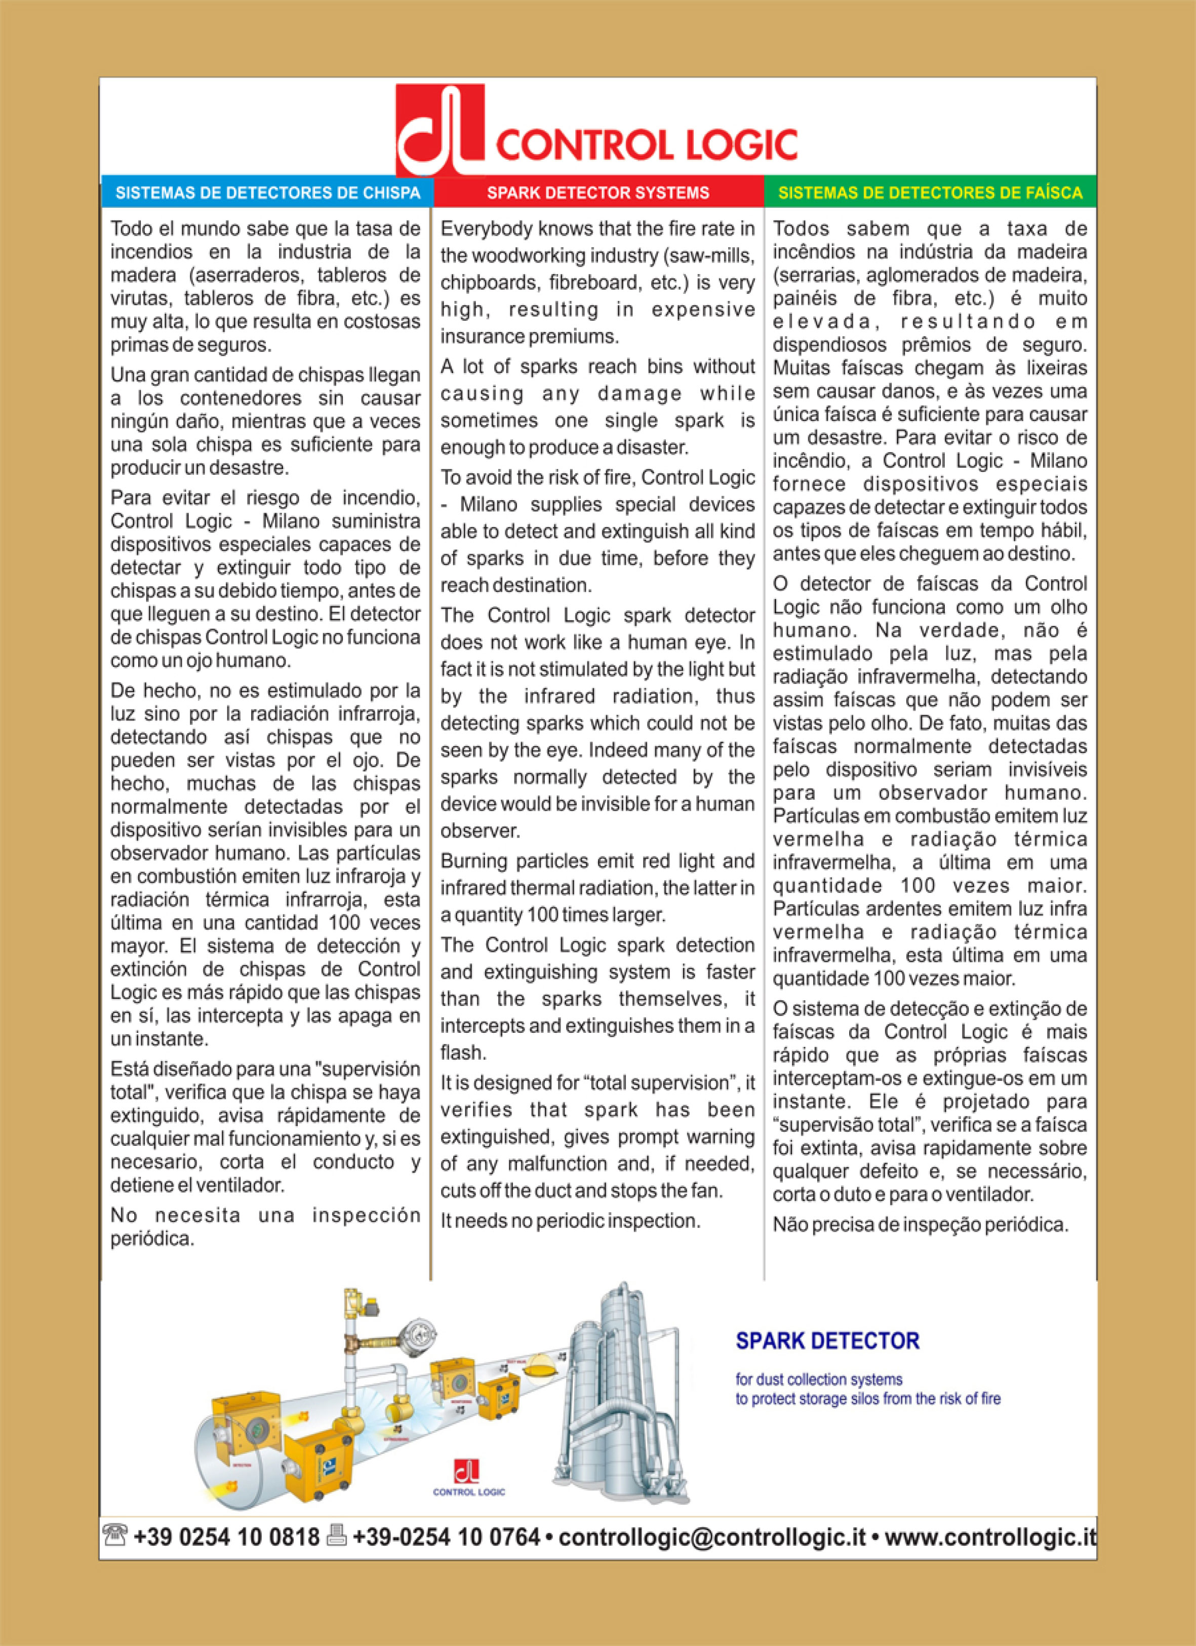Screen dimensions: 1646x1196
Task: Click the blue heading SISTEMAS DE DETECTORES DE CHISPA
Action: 268,193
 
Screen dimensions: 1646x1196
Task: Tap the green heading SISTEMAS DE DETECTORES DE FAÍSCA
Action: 930,193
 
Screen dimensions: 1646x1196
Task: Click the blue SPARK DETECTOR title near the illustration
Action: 827,1340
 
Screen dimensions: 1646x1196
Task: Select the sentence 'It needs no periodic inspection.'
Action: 570,1221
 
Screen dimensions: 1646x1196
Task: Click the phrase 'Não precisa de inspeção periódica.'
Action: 920,1225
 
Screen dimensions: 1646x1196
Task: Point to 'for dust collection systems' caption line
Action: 819,1379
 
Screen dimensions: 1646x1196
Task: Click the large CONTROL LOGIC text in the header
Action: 646,144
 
